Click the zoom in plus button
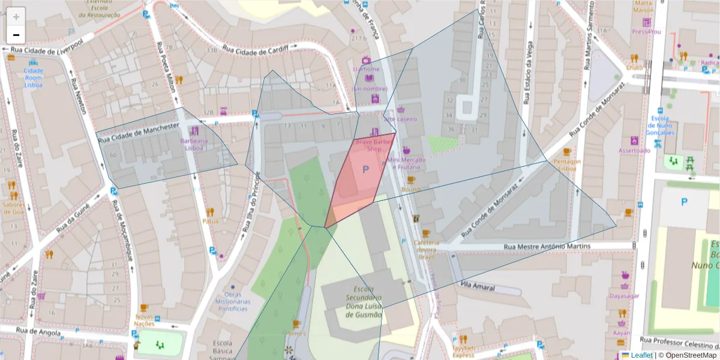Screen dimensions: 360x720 [x=16, y=17]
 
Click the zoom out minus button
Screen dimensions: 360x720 [x=16, y=35]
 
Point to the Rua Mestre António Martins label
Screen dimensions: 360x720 [x=547, y=246]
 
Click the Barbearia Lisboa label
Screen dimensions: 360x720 [x=194, y=145]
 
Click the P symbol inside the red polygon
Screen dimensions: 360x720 [x=364, y=170]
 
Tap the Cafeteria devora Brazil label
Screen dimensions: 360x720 [x=427, y=249]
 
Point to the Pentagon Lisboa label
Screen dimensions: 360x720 [x=567, y=164]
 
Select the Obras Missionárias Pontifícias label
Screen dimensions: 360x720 [x=232, y=302]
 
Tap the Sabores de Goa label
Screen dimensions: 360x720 [x=13, y=207]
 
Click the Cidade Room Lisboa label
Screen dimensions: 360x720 [x=33, y=77]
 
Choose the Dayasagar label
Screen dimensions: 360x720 [x=624, y=296]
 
